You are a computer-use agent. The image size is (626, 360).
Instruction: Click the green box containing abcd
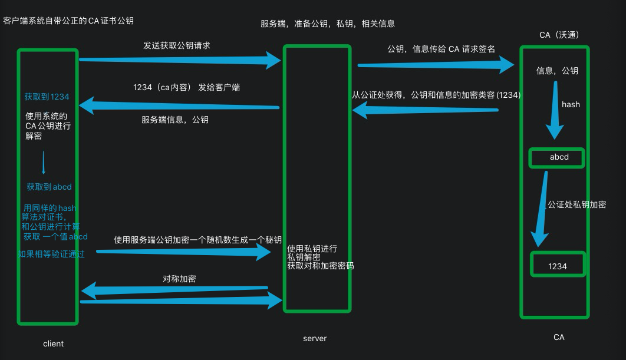557,157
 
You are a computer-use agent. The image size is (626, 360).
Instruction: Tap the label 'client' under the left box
54,344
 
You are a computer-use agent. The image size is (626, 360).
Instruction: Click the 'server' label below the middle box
315,338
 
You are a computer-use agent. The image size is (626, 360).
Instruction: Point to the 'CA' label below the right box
559,337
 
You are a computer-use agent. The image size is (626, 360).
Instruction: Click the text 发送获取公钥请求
177,45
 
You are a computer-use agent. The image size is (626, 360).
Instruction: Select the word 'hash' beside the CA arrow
571,104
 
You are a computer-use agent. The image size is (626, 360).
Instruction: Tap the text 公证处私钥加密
576,204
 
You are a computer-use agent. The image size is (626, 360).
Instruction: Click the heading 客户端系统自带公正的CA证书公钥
68,21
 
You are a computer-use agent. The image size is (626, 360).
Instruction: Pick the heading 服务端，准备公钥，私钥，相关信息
328,24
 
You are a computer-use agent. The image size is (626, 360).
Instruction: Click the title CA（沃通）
559,35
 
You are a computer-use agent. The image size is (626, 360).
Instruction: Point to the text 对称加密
179,278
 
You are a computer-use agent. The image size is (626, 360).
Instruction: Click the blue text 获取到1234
47,97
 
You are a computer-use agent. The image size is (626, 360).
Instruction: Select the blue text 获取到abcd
49,187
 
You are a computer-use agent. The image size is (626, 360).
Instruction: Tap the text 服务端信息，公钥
174,119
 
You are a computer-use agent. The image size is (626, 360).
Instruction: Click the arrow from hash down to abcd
554,112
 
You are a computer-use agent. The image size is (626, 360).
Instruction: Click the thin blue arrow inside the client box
43,162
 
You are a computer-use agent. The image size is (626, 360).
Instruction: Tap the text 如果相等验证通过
51,254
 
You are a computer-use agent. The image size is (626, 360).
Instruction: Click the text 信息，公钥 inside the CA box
557,71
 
